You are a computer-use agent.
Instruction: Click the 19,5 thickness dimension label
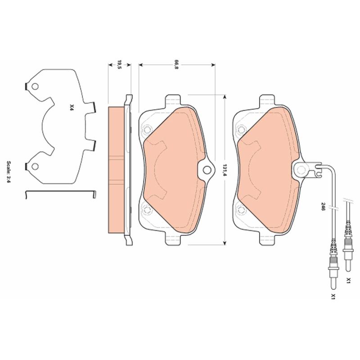[x=119, y=65]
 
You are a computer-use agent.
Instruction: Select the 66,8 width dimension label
[x=176, y=65]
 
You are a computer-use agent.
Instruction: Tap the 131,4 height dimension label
[x=225, y=170]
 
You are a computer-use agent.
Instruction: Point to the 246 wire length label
[x=323, y=207]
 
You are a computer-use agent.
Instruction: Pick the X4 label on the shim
[x=72, y=108]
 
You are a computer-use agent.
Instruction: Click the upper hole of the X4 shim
[x=35, y=86]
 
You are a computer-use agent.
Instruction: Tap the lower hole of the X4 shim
[x=35, y=166]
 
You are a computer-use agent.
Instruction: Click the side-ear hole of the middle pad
[x=207, y=170]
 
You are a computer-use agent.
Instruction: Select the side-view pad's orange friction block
[x=117, y=170]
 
